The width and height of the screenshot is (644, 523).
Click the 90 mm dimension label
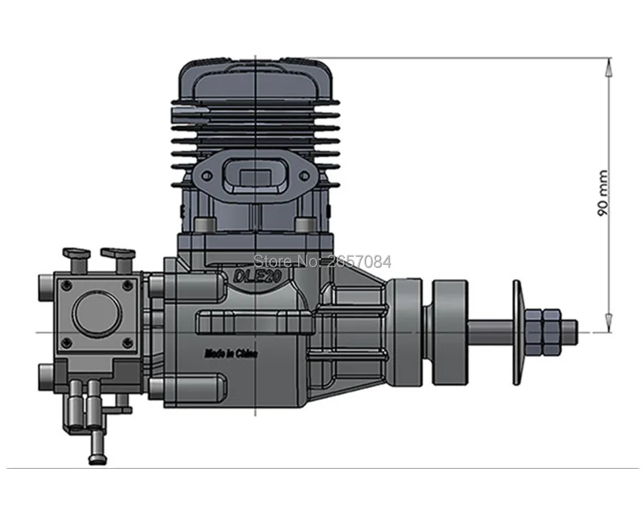[602, 193]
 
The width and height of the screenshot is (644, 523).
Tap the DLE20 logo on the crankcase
[257, 277]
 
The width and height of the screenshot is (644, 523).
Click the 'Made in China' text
[231, 354]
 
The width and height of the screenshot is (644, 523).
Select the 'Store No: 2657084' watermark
[322, 261]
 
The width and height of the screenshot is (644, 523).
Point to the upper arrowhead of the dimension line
[609, 67]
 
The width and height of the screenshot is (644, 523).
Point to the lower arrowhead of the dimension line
[609, 322]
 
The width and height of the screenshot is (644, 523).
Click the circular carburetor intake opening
[99, 313]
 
